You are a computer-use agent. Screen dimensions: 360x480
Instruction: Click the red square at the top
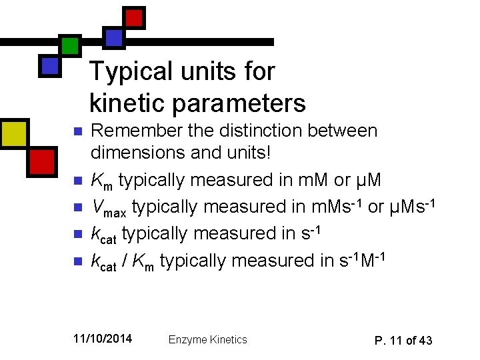(x=135, y=17)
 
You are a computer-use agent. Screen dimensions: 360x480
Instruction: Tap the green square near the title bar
(x=69, y=45)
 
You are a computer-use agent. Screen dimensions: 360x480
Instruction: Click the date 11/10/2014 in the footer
(x=103, y=339)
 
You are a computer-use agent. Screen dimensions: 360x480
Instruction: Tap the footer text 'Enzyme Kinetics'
(x=207, y=340)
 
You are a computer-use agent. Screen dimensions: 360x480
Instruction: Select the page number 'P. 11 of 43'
(x=403, y=341)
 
